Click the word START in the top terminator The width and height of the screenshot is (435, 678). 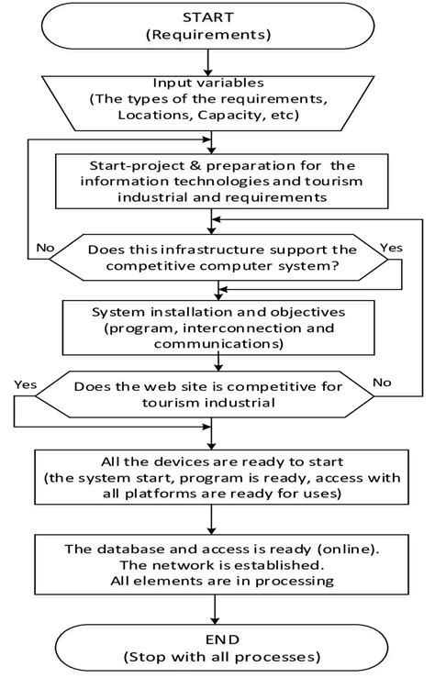(213, 17)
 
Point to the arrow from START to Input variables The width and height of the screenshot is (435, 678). (213, 61)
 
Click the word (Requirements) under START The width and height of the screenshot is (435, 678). (213, 37)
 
